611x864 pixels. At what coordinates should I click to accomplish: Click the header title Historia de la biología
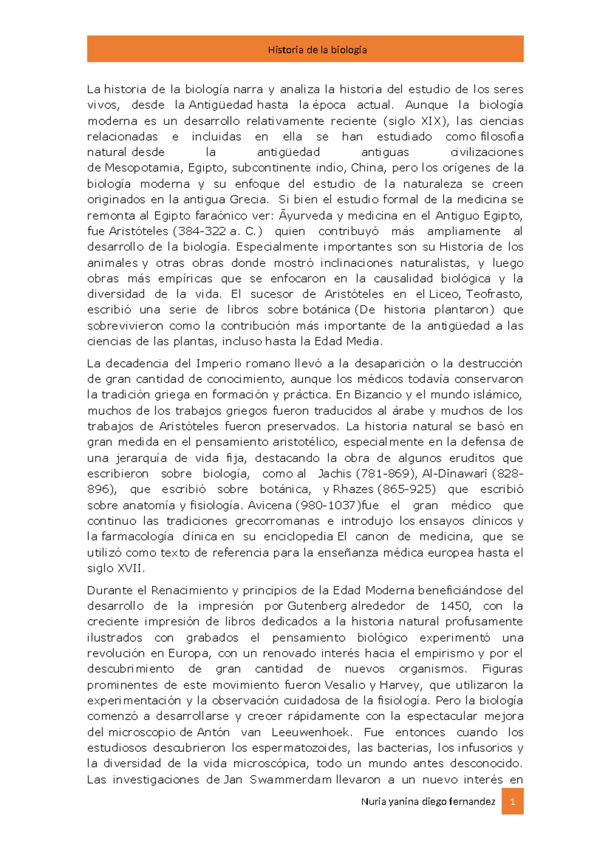(317, 50)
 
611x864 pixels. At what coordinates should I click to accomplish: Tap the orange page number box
(512, 801)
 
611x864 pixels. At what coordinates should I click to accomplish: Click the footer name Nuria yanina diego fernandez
(428, 801)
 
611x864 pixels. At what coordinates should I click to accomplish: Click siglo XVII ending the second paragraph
(116, 569)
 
